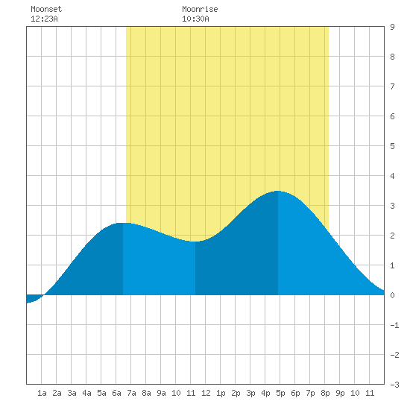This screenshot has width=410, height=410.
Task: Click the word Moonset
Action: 46,9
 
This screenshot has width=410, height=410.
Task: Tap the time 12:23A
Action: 44,19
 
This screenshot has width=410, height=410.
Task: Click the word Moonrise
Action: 200,9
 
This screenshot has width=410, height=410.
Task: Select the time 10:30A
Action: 195,19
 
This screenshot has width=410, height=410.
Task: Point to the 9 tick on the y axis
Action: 392,27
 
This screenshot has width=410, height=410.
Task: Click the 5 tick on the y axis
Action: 392,146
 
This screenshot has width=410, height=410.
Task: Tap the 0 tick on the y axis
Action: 392,295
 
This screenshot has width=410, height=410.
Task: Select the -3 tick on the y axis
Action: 394,385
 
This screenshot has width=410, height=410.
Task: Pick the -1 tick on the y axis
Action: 394,325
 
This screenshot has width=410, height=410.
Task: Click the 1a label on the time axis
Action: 42,393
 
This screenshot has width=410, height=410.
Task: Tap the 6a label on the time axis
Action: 116,393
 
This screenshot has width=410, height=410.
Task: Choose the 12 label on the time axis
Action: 206,393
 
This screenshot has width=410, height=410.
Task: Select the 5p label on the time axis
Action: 280,393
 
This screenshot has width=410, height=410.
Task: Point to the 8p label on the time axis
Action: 325,393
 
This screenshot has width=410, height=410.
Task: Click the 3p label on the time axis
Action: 250,393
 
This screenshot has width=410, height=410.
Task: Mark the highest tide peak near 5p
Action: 278,191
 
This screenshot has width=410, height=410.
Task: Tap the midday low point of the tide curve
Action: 195,242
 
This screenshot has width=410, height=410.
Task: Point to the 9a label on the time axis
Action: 161,393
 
